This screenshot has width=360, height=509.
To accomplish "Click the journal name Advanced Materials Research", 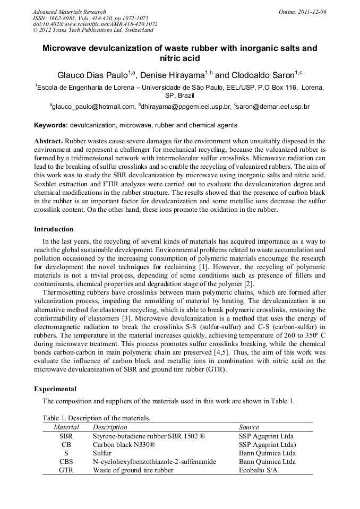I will (69, 12).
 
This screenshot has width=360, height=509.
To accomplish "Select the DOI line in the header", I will (95, 24).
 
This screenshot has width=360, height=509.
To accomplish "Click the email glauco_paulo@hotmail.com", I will (93, 107).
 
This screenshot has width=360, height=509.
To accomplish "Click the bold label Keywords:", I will (51, 125).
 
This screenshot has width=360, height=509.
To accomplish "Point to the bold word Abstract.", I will (48, 141).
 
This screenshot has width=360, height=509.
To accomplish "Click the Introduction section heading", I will (54, 229).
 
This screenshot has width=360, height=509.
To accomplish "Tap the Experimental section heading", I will (55, 389).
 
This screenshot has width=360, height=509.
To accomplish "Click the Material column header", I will (66, 427).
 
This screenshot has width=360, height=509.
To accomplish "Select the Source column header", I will (249, 427).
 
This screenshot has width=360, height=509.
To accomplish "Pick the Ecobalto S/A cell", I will (261, 470).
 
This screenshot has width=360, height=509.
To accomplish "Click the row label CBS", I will (66, 462).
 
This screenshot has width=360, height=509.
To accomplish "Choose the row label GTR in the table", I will (66, 470).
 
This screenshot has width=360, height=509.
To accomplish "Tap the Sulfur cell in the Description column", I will (102, 453).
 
